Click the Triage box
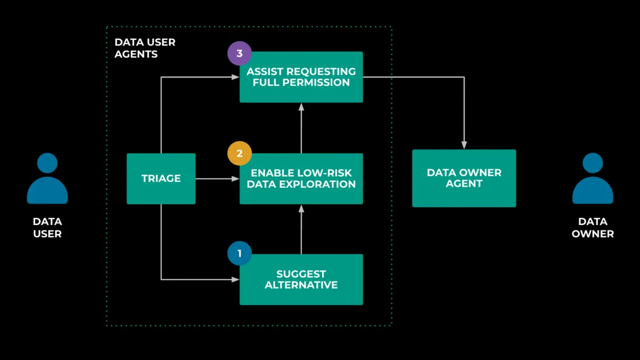pyautogui.click(x=161, y=179)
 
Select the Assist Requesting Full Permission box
pyautogui.click(x=301, y=77)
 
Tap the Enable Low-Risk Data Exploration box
pyautogui.click(x=301, y=179)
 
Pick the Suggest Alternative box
pyautogui.click(x=301, y=279)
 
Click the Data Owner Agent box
pyautogui.click(x=464, y=178)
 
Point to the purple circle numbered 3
pyautogui.click(x=239, y=53)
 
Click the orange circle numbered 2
pyautogui.click(x=239, y=154)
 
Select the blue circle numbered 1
pyautogui.click(x=239, y=254)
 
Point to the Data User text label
pyautogui.click(x=47, y=228)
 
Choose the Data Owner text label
pyautogui.click(x=593, y=228)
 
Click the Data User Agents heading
pyautogui.click(x=145, y=48)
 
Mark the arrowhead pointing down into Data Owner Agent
pyautogui.click(x=464, y=145)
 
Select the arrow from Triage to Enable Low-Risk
pyautogui.click(x=217, y=179)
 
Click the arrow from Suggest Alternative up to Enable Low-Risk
pyautogui.click(x=301, y=229)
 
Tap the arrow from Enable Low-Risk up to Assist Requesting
pyautogui.click(x=301, y=128)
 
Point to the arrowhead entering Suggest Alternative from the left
pyautogui.click(x=235, y=279)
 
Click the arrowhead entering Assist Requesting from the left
pyautogui.click(x=235, y=77)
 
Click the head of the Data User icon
pyautogui.click(x=47, y=163)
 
